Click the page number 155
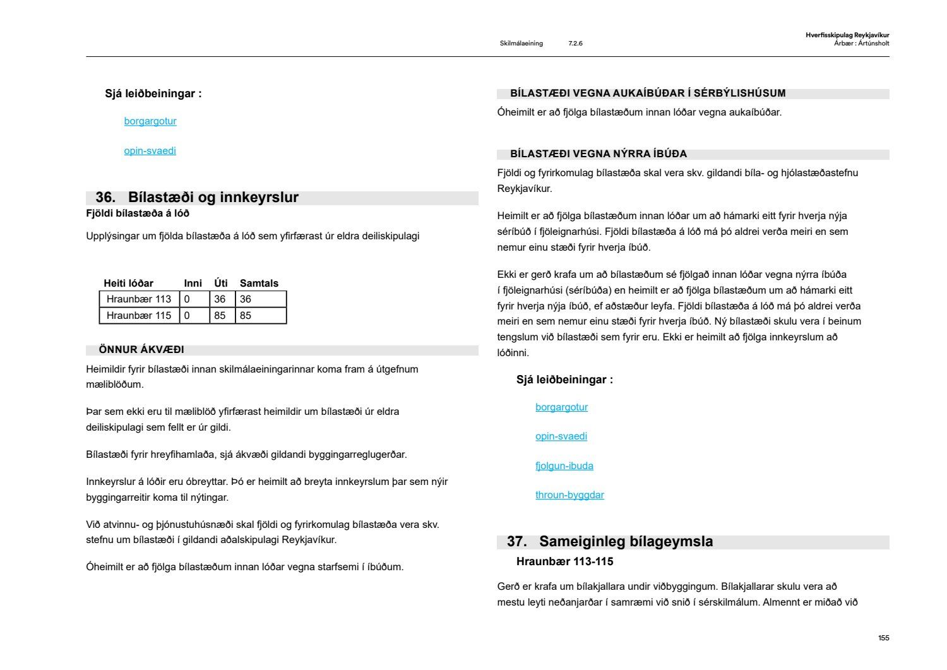point(883,638)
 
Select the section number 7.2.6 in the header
point(575,44)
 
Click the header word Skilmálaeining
point(521,44)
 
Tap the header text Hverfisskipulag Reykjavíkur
point(847,35)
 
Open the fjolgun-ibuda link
point(564,466)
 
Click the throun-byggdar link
point(569,495)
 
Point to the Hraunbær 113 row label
point(139,299)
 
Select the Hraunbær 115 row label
point(139,316)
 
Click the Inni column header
point(193,284)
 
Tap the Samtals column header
point(259,284)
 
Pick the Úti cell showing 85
point(220,316)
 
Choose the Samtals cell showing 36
point(246,299)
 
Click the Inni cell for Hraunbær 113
point(187,299)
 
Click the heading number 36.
point(105,198)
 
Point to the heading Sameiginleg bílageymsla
point(626,542)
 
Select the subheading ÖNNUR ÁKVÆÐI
point(141,350)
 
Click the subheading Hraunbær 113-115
point(564,561)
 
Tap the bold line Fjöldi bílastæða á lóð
point(138,213)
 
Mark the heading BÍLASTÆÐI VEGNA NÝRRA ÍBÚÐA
point(598,154)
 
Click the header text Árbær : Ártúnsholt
point(861,44)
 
